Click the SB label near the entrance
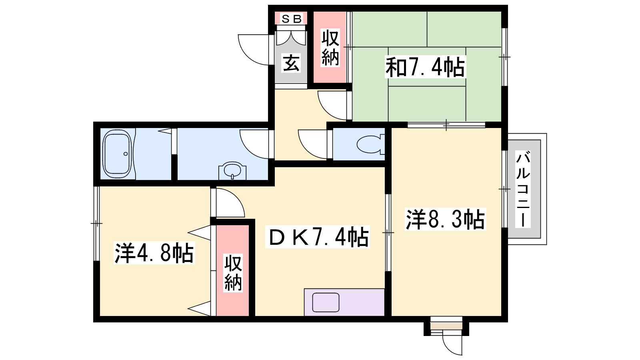[292, 19]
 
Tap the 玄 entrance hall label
[292, 63]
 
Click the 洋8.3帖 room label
[445, 220]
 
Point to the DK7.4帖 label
[318, 236]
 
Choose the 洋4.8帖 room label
[154, 253]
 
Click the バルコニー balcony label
[523, 189]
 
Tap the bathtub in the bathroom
[118, 154]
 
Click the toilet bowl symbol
[370, 144]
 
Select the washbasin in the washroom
[232, 171]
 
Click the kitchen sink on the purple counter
[326, 302]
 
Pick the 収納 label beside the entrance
[330, 48]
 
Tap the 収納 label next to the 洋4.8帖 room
[233, 272]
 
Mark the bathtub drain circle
[126, 154]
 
